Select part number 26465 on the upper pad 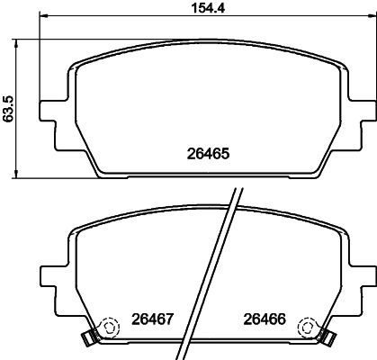pos(210,154)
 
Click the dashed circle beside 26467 pos(108,327)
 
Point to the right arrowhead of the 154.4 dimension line pos(369,38)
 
